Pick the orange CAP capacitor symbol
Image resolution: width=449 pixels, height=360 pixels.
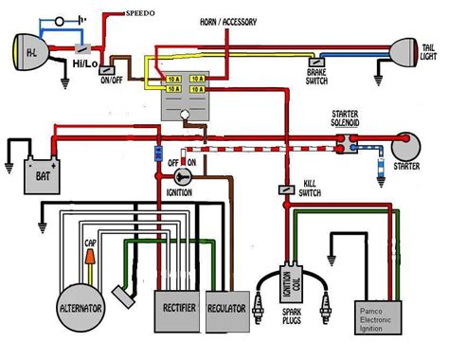click(x=90, y=257)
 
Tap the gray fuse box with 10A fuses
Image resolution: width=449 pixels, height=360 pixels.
click(x=187, y=95)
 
